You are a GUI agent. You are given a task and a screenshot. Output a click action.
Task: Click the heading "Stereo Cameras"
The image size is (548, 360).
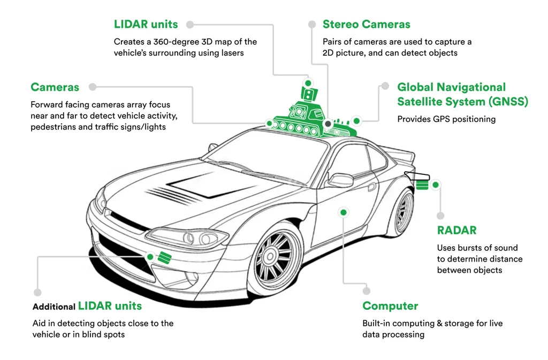pyautogui.click(x=366, y=24)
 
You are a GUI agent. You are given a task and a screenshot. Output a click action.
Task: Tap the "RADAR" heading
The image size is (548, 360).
pyautogui.click(x=456, y=231)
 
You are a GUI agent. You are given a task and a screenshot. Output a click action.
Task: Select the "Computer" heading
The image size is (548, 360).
pyautogui.click(x=390, y=306)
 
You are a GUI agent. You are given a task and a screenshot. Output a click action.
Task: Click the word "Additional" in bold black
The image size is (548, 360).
pyautogui.click(x=54, y=307)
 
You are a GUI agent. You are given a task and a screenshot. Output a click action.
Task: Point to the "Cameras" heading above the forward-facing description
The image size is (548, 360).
pyautogui.click(x=55, y=87)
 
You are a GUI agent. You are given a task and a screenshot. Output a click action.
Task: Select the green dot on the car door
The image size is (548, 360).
pyautogui.click(x=343, y=212)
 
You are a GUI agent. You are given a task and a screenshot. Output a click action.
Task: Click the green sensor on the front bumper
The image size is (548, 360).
pyautogui.click(x=164, y=257)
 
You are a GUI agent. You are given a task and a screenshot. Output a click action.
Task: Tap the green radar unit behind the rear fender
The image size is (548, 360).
pyautogui.click(x=422, y=185)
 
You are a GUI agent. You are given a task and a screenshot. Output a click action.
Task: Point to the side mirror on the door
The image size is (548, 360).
pyautogui.click(x=340, y=180)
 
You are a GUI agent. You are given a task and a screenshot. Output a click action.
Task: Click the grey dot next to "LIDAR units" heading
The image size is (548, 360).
pyautogui.click(x=189, y=25)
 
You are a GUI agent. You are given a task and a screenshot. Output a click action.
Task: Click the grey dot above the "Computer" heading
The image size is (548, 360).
pyautogui.click(x=367, y=290)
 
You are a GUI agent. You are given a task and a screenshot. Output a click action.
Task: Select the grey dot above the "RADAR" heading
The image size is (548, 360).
pyautogui.click(x=440, y=216)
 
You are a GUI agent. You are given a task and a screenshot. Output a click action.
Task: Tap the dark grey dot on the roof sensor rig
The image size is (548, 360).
pyautogui.click(x=328, y=123)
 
